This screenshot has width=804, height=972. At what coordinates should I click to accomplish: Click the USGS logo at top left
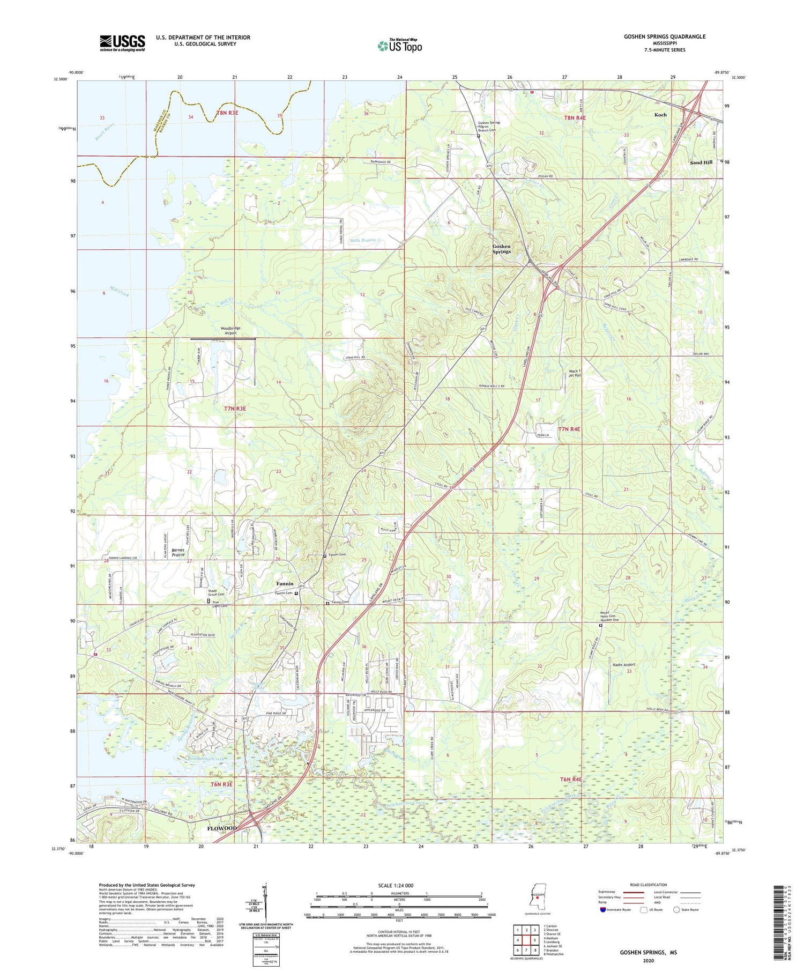(122, 43)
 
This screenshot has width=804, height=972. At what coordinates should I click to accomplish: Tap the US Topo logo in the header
(399, 46)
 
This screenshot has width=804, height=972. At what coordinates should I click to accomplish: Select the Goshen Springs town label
(501, 249)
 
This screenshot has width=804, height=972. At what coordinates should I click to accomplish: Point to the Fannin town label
(285, 583)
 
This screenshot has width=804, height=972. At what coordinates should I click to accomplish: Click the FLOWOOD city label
(222, 828)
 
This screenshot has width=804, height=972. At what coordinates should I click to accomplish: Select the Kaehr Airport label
(624, 665)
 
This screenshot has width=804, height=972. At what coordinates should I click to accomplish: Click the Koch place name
(660, 115)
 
